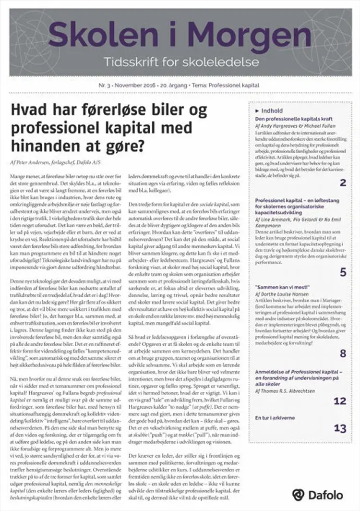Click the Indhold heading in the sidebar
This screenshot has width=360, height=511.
coord(272,110)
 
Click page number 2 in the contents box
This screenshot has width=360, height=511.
coord(343,182)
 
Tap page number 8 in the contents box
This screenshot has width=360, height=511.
coord(343,353)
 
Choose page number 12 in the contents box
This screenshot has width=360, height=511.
coord(340,401)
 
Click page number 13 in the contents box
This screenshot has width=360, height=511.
coord(340,428)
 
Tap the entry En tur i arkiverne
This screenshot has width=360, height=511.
coord(276,417)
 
